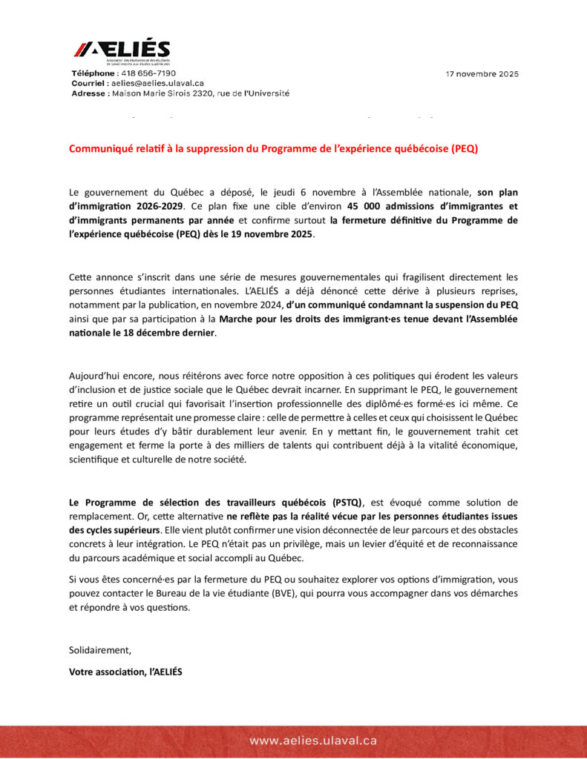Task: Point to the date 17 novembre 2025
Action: point(482,74)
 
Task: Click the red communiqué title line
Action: point(273,148)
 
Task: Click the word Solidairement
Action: point(99,650)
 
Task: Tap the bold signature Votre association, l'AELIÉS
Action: point(125,672)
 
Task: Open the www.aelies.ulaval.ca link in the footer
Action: point(313,740)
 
